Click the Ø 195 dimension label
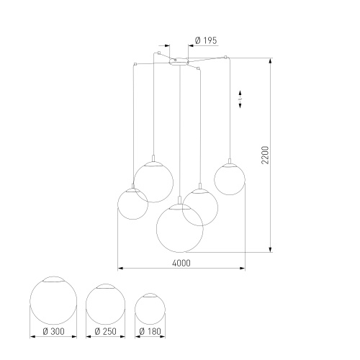(205, 42)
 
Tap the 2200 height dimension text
(265, 155)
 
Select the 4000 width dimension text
(182, 264)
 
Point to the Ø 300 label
(52, 332)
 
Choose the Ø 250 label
(105, 332)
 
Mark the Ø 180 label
(150, 332)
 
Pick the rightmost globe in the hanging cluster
(230, 179)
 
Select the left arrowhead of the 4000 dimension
(120, 270)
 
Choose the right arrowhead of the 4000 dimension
(243, 270)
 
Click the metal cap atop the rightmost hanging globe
(230, 165)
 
